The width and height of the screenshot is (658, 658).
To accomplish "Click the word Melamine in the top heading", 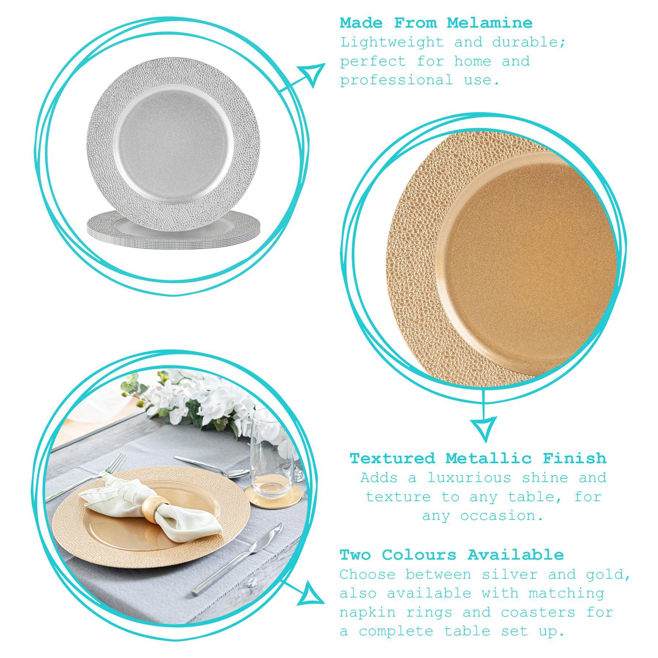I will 489,23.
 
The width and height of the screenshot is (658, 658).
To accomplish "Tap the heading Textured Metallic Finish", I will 478,458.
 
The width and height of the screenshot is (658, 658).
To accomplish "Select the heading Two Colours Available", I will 452,555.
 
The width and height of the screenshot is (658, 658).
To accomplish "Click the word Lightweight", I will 392,43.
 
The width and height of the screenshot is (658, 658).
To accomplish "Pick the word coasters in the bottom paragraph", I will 538,612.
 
